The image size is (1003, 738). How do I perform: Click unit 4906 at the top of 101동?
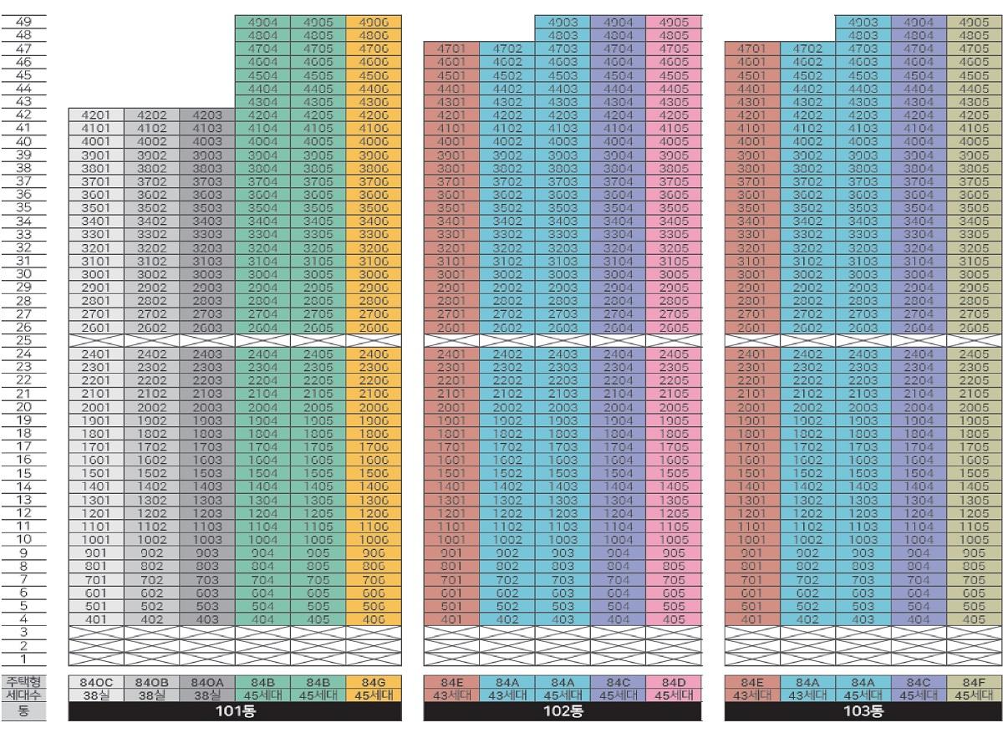tap(374, 20)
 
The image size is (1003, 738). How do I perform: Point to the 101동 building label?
tap(235, 712)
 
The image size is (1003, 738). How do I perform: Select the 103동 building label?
tap(863, 712)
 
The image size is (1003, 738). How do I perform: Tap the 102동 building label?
tap(563, 712)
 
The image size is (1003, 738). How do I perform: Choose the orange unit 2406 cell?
tap(374, 354)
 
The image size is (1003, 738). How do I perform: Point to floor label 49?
tap(23, 20)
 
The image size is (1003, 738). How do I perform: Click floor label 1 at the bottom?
tap(23, 659)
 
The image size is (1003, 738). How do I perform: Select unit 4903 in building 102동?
tap(562, 20)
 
